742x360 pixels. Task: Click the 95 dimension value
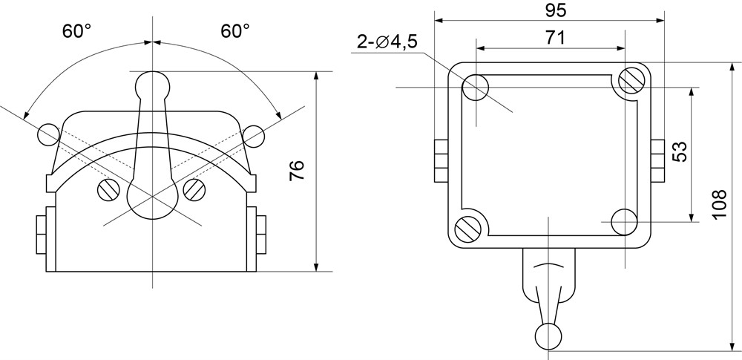(555, 10)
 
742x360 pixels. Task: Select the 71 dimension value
(555, 38)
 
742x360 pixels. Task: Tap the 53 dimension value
(680, 151)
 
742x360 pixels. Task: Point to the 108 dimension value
(719, 203)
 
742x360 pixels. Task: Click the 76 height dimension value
(298, 171)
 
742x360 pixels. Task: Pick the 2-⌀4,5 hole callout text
(387, 42)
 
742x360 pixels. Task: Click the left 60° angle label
(76, 31)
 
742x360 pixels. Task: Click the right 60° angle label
(235, 31)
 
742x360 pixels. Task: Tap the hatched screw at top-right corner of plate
(631, 81)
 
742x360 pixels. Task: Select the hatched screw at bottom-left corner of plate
(468, 229)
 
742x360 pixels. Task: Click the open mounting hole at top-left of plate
(476, 88)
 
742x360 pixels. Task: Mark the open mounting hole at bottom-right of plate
(624, 222)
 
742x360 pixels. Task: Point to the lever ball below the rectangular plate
(548, 337)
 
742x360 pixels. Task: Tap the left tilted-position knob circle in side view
(49, 134)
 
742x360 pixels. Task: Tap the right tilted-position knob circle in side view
(254, 137)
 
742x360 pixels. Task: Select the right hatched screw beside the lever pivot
(194, 190)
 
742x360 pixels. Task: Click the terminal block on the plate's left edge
(441, 161)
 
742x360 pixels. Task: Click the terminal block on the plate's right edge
(657, 161)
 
